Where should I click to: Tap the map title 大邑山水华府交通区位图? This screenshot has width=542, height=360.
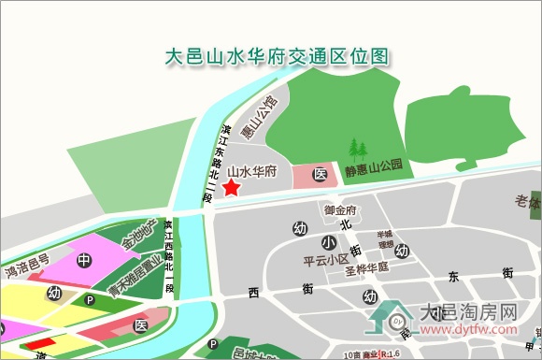coord(276,57)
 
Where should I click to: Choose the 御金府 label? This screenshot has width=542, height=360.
coord(341,209)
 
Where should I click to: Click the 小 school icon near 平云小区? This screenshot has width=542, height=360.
coord(329,242)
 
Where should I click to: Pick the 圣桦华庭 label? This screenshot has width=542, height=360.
coord(366,266)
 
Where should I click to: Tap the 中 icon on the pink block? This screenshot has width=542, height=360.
coord(84,260)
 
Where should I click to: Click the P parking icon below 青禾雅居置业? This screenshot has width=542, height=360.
coord(90,300)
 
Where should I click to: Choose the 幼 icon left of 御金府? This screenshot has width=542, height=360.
coord(300,228)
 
